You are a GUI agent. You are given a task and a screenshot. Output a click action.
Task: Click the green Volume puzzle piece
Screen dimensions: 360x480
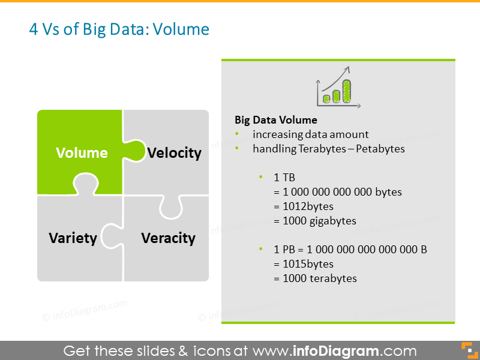[81, 152]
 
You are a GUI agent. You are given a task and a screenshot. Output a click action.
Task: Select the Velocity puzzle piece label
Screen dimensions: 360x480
[174, 153]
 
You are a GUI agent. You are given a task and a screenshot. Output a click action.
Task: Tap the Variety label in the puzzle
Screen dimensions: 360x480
[73, 238]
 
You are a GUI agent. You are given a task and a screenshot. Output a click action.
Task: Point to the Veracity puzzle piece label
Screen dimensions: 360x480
[168, 238]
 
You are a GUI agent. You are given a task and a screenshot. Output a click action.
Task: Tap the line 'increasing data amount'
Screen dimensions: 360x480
[310, 134]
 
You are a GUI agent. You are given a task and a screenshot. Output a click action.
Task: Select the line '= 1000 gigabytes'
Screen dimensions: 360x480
[315, 221]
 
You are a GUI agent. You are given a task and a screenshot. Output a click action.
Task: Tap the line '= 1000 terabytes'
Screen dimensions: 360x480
[315, 278]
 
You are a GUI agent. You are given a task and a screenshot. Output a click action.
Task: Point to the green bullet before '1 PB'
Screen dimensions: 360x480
[261, 249]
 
